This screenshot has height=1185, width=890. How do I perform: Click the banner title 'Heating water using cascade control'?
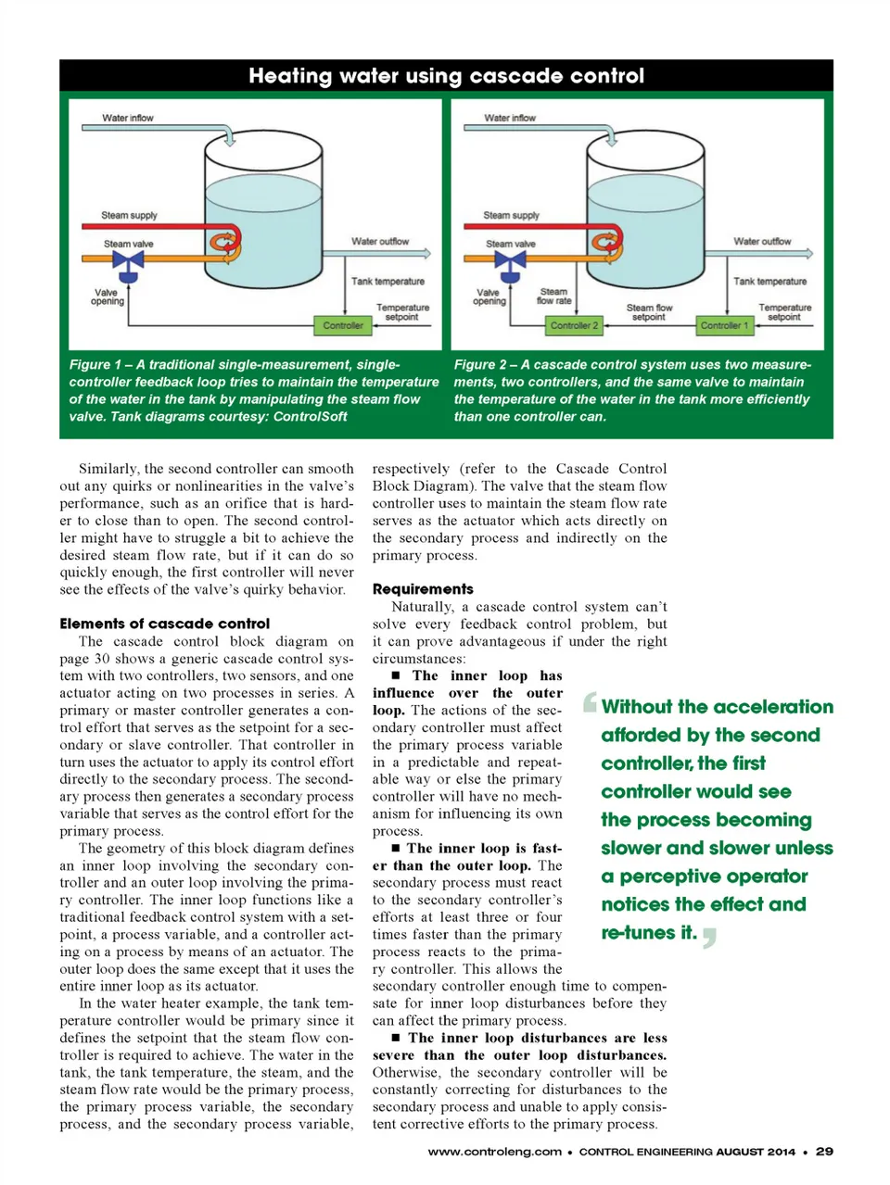tap(446, 76)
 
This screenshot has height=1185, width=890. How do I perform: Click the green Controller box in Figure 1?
tap(342, 325)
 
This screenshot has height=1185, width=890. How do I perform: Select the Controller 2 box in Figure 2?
tap(574, 325)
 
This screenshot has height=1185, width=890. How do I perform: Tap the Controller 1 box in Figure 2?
tap(724, 325)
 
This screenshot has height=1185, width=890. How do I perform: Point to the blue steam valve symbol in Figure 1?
tap(128, 263)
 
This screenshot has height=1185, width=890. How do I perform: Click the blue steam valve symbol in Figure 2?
tap(510, 263)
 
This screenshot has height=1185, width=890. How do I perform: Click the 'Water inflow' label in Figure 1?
tap(128, 118)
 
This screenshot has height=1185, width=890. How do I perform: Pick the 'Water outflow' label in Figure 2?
tap(762, 241)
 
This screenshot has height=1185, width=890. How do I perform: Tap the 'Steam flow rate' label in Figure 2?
tap(553, 296)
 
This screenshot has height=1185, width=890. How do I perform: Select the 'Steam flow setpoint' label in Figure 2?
tap(649, 312)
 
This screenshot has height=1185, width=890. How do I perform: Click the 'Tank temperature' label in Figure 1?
tap(388, 281)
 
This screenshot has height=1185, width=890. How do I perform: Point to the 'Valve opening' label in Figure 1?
tap(107, 296)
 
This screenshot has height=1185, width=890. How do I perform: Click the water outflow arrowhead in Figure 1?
tap(426, 253)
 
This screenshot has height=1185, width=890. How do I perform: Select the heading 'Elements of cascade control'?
tap(164, 624)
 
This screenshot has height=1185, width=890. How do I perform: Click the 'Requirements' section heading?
tap(422, 588)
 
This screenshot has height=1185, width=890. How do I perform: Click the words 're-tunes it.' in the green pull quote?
tap(648, 932)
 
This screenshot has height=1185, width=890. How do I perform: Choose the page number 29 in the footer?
tap(824, 1151)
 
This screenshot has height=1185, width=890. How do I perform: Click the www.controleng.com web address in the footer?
tap(494, 1151)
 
